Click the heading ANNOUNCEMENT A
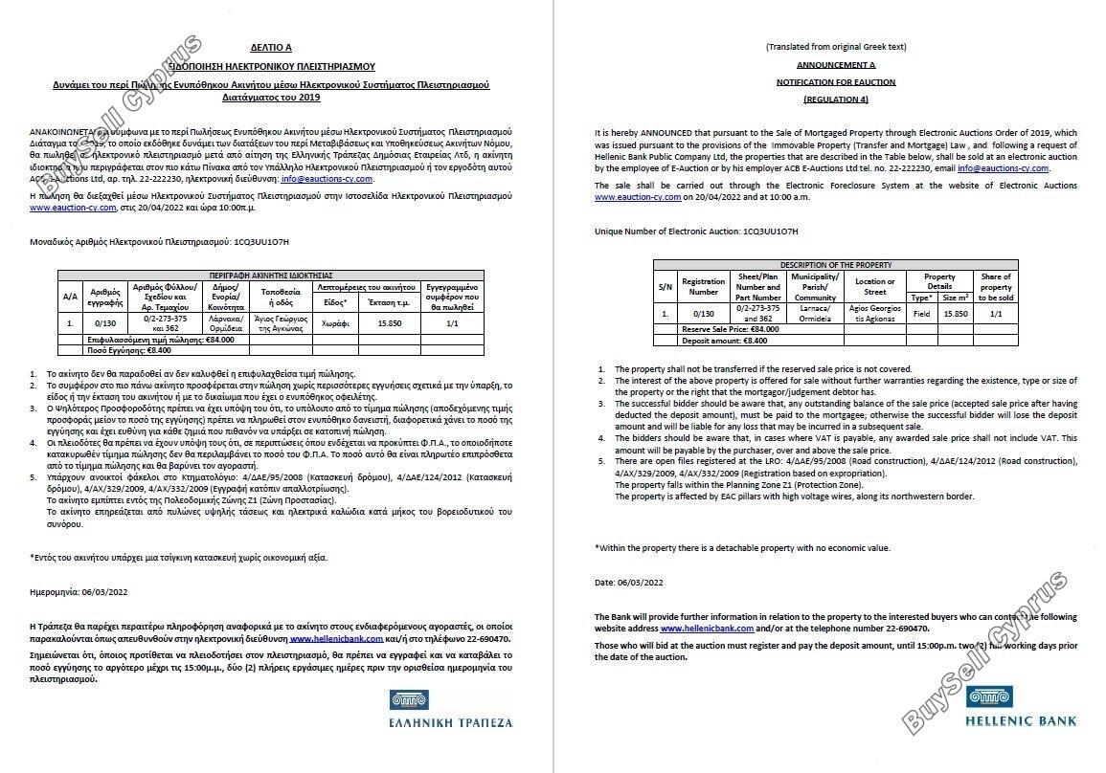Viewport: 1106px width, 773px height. (x=835, y=64)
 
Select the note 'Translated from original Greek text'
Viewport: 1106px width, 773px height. (x=836, y=47)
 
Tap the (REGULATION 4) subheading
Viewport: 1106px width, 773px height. (x=836, y=99)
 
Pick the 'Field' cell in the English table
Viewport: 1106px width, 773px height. (x=922, y=313)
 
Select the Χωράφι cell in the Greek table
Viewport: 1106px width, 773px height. (x=334, y=324)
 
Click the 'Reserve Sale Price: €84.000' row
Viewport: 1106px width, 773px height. (x=731, y=328)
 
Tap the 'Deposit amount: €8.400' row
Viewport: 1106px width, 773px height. (x=724, y=340)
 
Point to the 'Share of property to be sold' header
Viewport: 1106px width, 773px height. (x=995, y=286)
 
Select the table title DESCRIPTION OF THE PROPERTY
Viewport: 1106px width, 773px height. (x=836, y=265)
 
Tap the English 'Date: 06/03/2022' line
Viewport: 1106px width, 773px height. (x=629, y=582)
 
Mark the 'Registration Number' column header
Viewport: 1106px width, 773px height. (x=703, y=286)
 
